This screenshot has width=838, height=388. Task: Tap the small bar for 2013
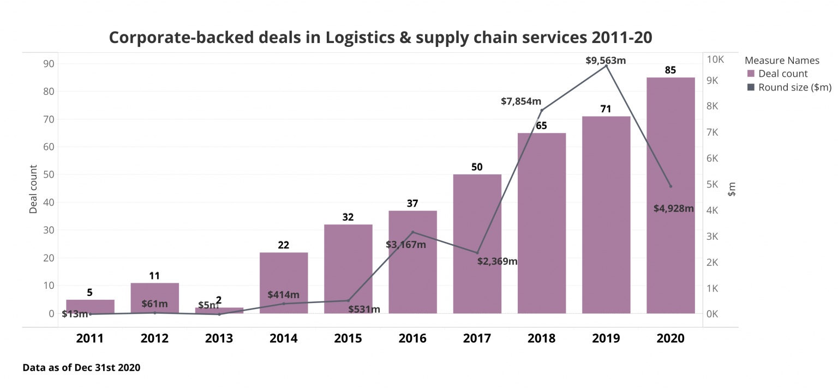click(219, 310)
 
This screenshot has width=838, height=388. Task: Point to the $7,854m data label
click(521, 101)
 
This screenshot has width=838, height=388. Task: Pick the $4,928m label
click(673, 208)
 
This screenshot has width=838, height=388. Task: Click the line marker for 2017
click(477, 253)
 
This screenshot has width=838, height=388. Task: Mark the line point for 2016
click(412, 232)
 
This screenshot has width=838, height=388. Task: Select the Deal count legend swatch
click(751, 74)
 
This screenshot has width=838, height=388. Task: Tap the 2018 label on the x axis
click(541, 338)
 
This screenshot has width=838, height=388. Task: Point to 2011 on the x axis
click(90, 338)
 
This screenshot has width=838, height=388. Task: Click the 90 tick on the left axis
click(48, 64)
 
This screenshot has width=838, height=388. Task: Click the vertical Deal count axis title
click(34, 189)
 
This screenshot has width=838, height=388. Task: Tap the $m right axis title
click(732, 189)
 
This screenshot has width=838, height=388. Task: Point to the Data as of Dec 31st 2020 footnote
click(81, 368)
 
